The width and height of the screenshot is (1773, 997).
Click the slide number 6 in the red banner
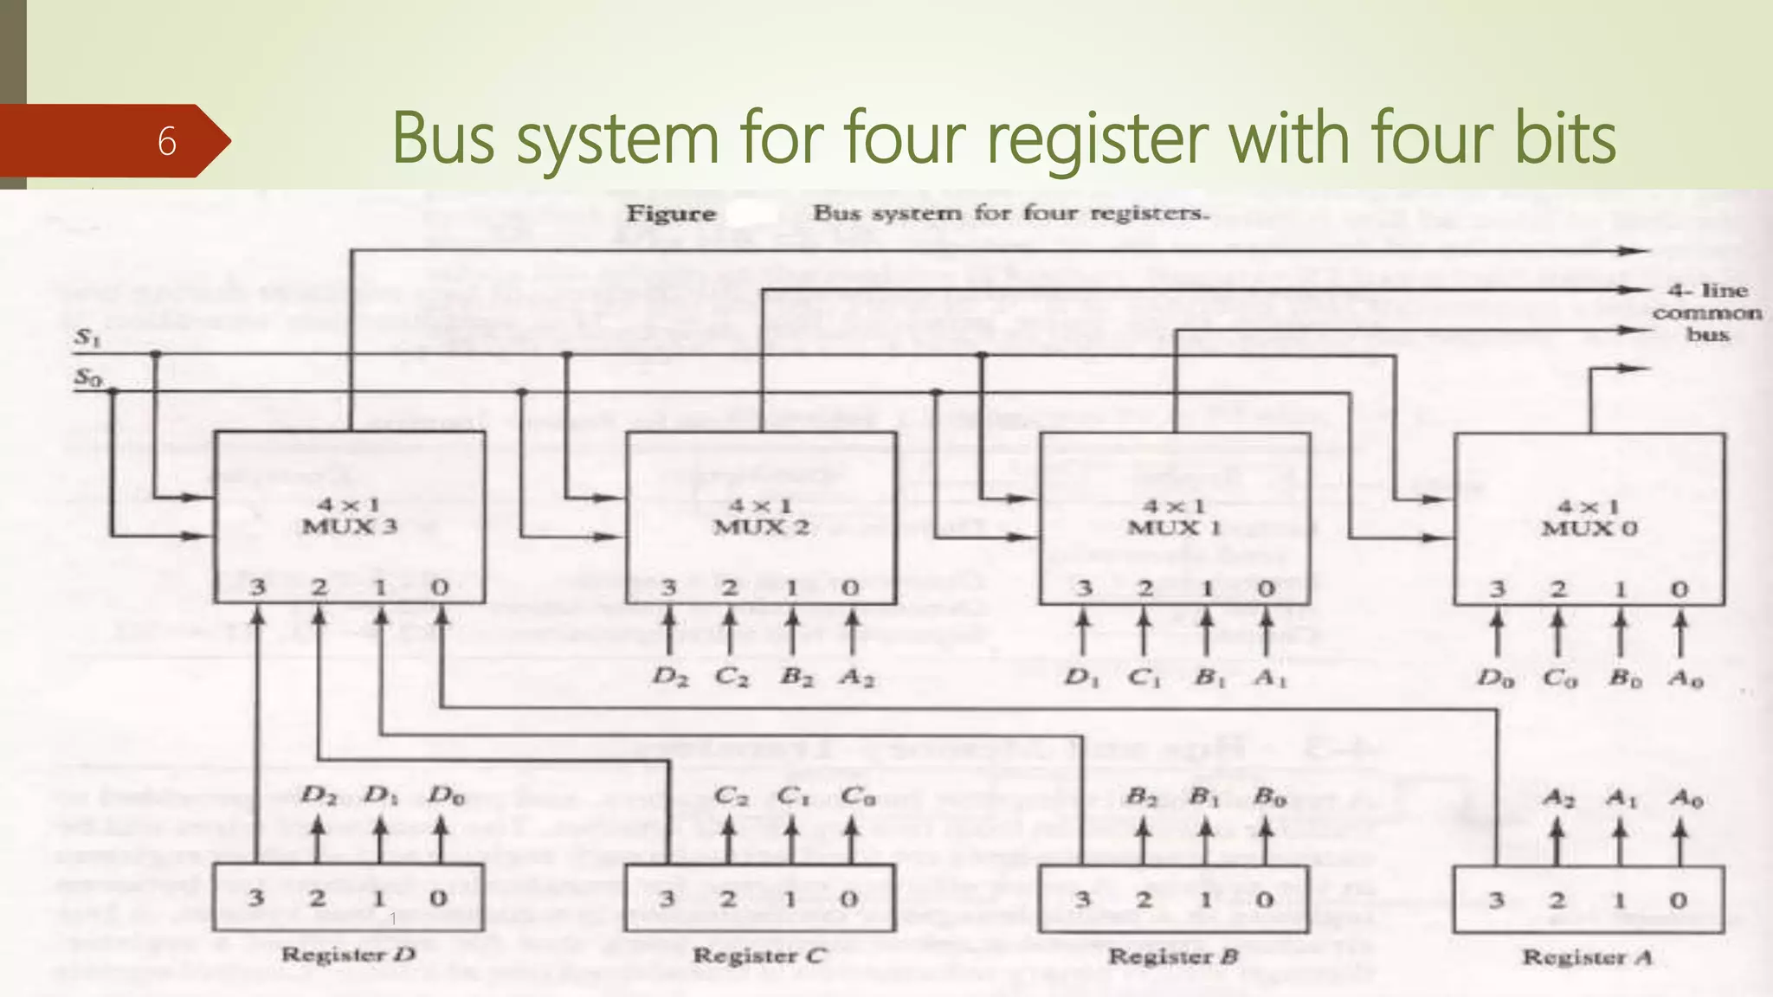[167, 141]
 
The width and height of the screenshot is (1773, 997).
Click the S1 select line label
[87, 338]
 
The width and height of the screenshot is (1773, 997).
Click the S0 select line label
[87, 376]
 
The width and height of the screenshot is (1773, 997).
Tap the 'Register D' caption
[348, 955]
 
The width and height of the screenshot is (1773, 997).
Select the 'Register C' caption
[759, 955]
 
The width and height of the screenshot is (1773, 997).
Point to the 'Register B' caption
[1173, 956]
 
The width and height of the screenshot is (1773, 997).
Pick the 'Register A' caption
[1587, 957]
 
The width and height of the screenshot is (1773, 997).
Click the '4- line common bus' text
[1706, 312]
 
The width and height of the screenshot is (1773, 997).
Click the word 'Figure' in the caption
[671, 214]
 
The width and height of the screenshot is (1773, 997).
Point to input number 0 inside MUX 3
[440, 588]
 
